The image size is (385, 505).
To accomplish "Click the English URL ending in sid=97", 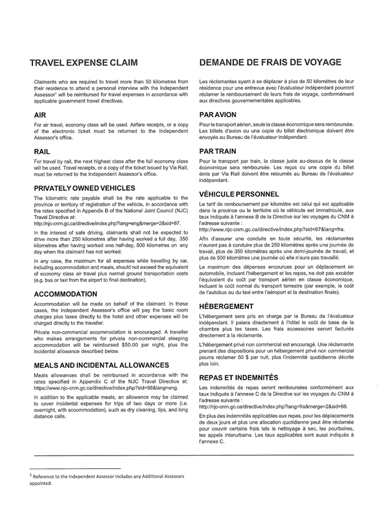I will [107, 222].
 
